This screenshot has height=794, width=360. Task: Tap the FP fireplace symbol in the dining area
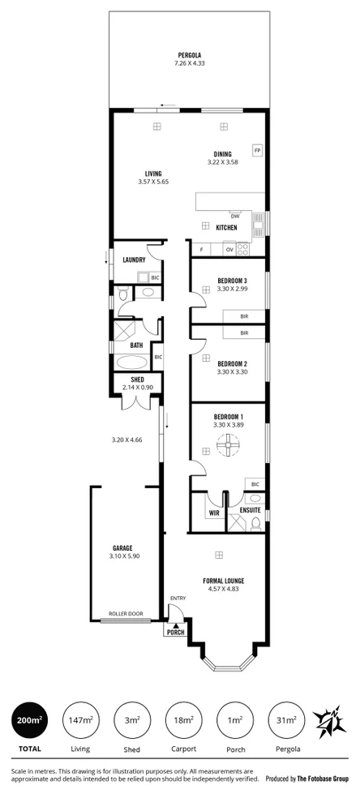click(257, 151)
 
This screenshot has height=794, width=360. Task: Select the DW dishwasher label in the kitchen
click(235, 216)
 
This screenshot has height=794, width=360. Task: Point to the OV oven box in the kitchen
click(229, 250)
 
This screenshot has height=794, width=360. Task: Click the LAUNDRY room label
click(134, 260)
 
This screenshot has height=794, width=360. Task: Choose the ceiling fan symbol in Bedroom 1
click(228, 444)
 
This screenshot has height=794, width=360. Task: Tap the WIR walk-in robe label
click(214, 513)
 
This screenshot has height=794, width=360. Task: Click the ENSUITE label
click(251, 510)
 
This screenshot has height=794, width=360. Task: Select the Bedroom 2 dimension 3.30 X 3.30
click(231, 374)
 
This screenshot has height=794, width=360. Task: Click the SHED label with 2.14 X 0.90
click(137, 384)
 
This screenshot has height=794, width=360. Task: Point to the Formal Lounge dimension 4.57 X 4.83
click(223, 590)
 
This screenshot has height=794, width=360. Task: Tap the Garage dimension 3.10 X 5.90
click(122, 556)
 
